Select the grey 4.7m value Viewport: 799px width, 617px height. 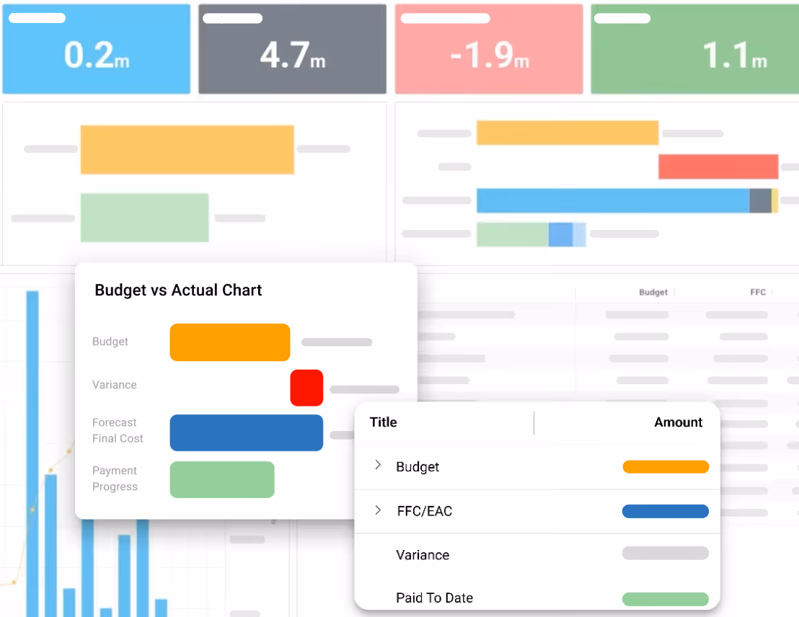pyautogui.click(x=293, y=55)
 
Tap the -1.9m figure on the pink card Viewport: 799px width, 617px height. pyautogui.click(x=490, y=56)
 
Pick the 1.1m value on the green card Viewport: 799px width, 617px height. pyautogui.click(x=734, y=56)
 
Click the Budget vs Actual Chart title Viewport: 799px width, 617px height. pyautogui.click(x=178, y=290)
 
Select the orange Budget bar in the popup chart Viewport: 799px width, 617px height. pyautogui.click(x=229, y=342)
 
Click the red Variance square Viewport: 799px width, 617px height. pyautogui.click(x=306, y=388)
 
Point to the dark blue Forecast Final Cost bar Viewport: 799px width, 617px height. pyautogui.click(x=246, y=432)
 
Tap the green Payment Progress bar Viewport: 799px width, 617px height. pyautogui.click(x=222, y=479)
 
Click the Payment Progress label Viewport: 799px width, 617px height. pyautogui.click(x=115, y=479)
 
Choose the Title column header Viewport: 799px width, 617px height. pyautogui.click(x=383, y=422)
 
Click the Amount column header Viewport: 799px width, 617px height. pyautogui.click(x=678, y=422)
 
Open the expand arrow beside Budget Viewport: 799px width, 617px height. pyautogui.click(x=378, y=466)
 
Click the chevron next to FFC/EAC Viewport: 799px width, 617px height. pyautogui.click(x=378, y=510)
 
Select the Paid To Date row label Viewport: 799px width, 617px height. pyautogui.click(x=434, y=598)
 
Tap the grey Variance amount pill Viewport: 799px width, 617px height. pyautogui.click(x=665, y=554)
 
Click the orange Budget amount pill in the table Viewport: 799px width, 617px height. pyautogui.click(x=665, y=467)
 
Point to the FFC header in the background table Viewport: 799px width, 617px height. pyautogui.click(x=757, y=293)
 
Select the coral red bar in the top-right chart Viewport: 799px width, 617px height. pyautogui.click(x=718, y=167)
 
